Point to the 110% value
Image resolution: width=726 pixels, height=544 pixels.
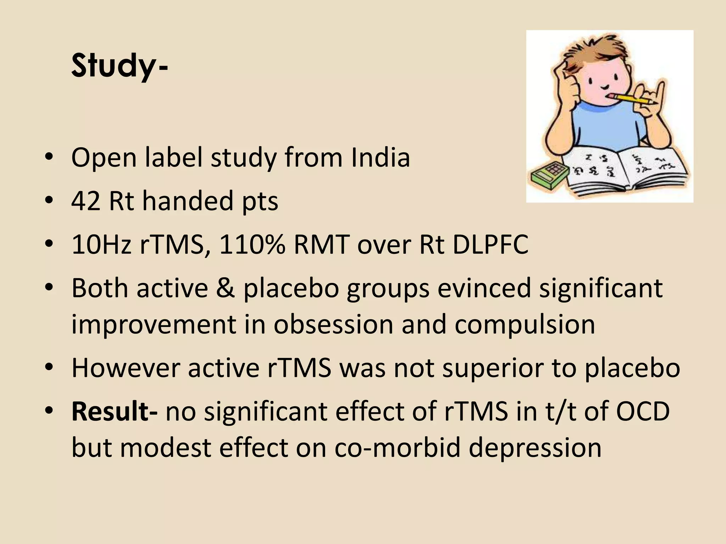(252, 245)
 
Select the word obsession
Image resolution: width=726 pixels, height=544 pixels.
(333, 324)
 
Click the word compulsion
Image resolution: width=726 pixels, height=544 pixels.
(525, 324)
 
